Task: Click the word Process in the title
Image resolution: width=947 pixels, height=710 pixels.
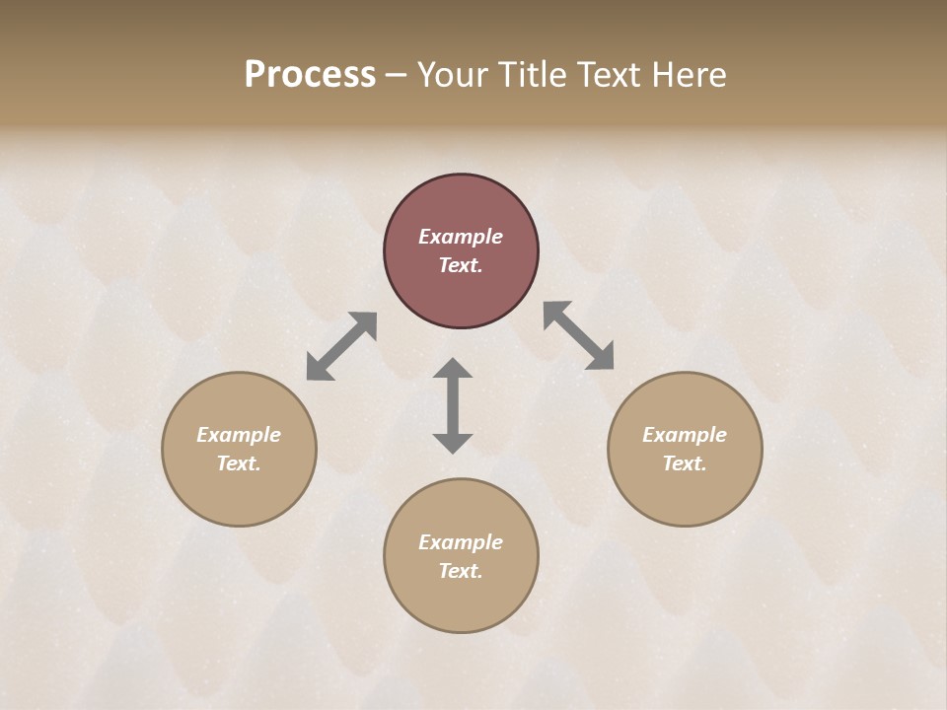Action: pos(310,75)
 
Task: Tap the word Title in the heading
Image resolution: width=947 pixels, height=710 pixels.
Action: pos(534,75)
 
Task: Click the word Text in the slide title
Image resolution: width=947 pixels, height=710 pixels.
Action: pos(611,75)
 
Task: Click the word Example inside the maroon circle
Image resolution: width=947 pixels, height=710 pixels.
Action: pos(461,237)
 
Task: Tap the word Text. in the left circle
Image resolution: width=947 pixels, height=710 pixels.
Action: pos(239,463)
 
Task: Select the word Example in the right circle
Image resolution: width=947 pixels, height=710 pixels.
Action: pos(685,435)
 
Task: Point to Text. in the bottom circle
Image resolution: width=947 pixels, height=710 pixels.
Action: pos(461,571)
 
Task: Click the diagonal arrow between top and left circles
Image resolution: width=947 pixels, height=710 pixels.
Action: pos(341,346)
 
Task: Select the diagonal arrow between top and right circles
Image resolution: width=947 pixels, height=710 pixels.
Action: pos(578,335)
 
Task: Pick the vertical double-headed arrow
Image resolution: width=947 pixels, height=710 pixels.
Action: pos(453,405)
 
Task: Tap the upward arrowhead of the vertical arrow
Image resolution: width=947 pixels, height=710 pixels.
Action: pos(453,367)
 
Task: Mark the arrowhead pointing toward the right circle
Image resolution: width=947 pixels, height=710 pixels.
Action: pos(601,357)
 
